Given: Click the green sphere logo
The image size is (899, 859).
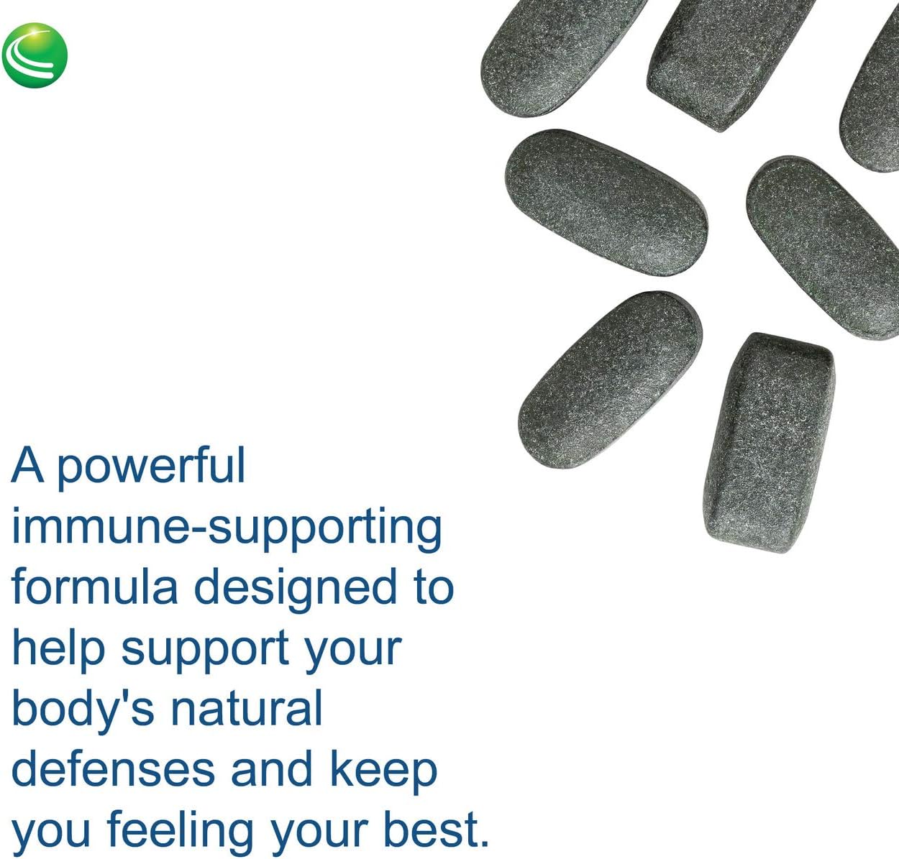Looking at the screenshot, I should point(35,55).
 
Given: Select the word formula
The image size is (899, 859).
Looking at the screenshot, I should point(94,587).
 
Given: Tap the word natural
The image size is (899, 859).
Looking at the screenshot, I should point(246,709).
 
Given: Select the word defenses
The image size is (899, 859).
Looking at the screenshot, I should point(113,769).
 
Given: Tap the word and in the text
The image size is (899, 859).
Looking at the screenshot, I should point(273,769).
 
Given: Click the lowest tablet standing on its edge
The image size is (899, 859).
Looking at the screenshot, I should point(769,441).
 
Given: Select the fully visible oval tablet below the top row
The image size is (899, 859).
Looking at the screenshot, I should point(606,202).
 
